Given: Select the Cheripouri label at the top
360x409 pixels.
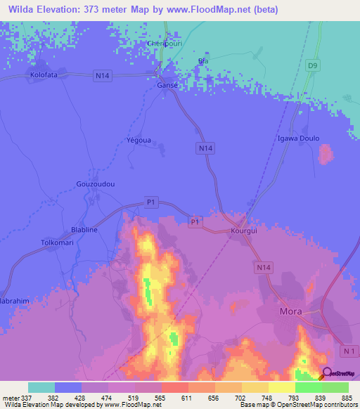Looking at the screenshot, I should coord(164,43).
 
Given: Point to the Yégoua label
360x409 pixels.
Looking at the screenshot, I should coord(138,140).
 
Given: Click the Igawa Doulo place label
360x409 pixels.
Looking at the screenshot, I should coord(299,138).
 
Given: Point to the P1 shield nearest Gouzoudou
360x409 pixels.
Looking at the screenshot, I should coord(150,202).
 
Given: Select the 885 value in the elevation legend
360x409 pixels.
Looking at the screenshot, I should coord(345,397).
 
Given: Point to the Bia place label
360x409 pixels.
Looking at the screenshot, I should coord(204,61).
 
